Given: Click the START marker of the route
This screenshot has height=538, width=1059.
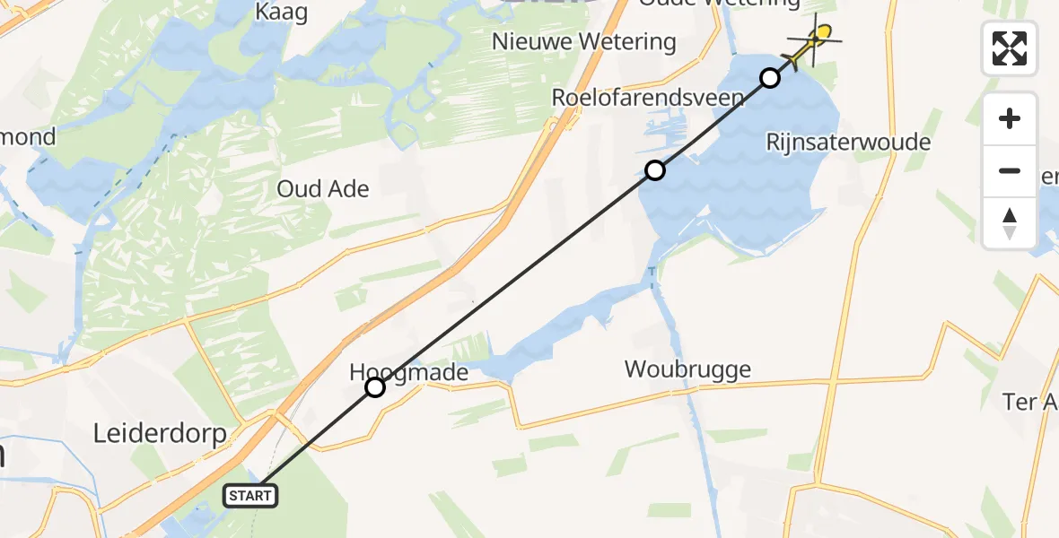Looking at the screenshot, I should [x=249, y=495].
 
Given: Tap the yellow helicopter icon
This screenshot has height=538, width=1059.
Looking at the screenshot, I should [x=816, y=39].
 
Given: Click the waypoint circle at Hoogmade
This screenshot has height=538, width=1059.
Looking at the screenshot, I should [x=375, y=387].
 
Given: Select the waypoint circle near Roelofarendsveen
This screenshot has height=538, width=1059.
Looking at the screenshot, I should [x=656, y=170].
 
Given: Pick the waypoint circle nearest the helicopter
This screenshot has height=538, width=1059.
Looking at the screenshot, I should [x=770, y=78].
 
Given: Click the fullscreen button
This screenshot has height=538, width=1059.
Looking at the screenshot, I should [x=1010, y=48].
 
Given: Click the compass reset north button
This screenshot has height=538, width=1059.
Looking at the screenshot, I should [x=1010, y=222].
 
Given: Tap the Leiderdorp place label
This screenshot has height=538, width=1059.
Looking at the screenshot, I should [x=159, y=433].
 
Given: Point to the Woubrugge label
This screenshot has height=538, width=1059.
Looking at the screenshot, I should [x=687, y=369].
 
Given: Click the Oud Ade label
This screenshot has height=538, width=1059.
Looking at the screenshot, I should [x=323, y=188].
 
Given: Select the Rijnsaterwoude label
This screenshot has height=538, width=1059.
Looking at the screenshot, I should [x=848, y=142].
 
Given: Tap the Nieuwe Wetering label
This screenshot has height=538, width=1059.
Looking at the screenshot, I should [x=583, y=41].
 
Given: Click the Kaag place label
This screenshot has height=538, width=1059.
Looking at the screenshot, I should [x=281, y=12].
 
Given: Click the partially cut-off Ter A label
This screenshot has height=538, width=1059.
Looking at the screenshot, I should [x=1032, y=402].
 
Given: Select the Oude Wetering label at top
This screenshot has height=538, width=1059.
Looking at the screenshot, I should [x=718, y=4].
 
